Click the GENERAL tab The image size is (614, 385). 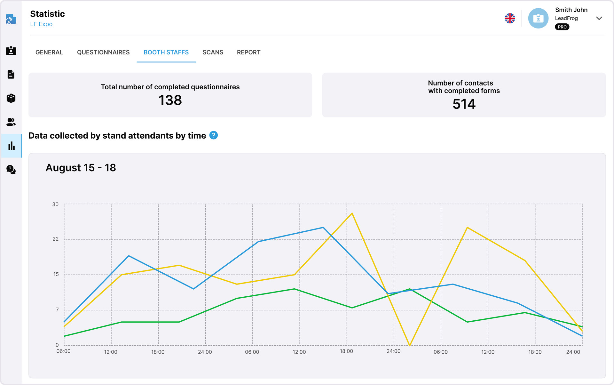pos(49,52)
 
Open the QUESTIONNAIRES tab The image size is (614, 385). pos(103,52)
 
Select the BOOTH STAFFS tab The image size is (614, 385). pos(166,52)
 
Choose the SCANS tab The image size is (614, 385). pos(213,52)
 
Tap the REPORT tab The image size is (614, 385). pos(248,52)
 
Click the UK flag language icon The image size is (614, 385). pos(510,18)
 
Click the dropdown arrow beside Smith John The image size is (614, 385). pos(599,18)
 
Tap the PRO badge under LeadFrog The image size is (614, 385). pos(562,27)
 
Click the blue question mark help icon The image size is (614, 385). pos(214,135)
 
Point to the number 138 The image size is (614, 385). pos(170,100)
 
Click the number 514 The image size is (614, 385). pos(464,104)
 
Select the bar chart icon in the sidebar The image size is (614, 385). pos(12,146)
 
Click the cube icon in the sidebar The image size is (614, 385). pos(11,98)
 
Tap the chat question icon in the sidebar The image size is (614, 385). pos(11,170)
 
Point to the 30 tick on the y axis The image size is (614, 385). pos(55,204)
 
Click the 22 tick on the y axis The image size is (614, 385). pos(55,239)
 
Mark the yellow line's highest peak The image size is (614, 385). pos(352,213)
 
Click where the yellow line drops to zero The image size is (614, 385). pos(410,345)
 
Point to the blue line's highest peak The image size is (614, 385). pos(323,228)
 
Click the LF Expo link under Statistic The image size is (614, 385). pos(41,24)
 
